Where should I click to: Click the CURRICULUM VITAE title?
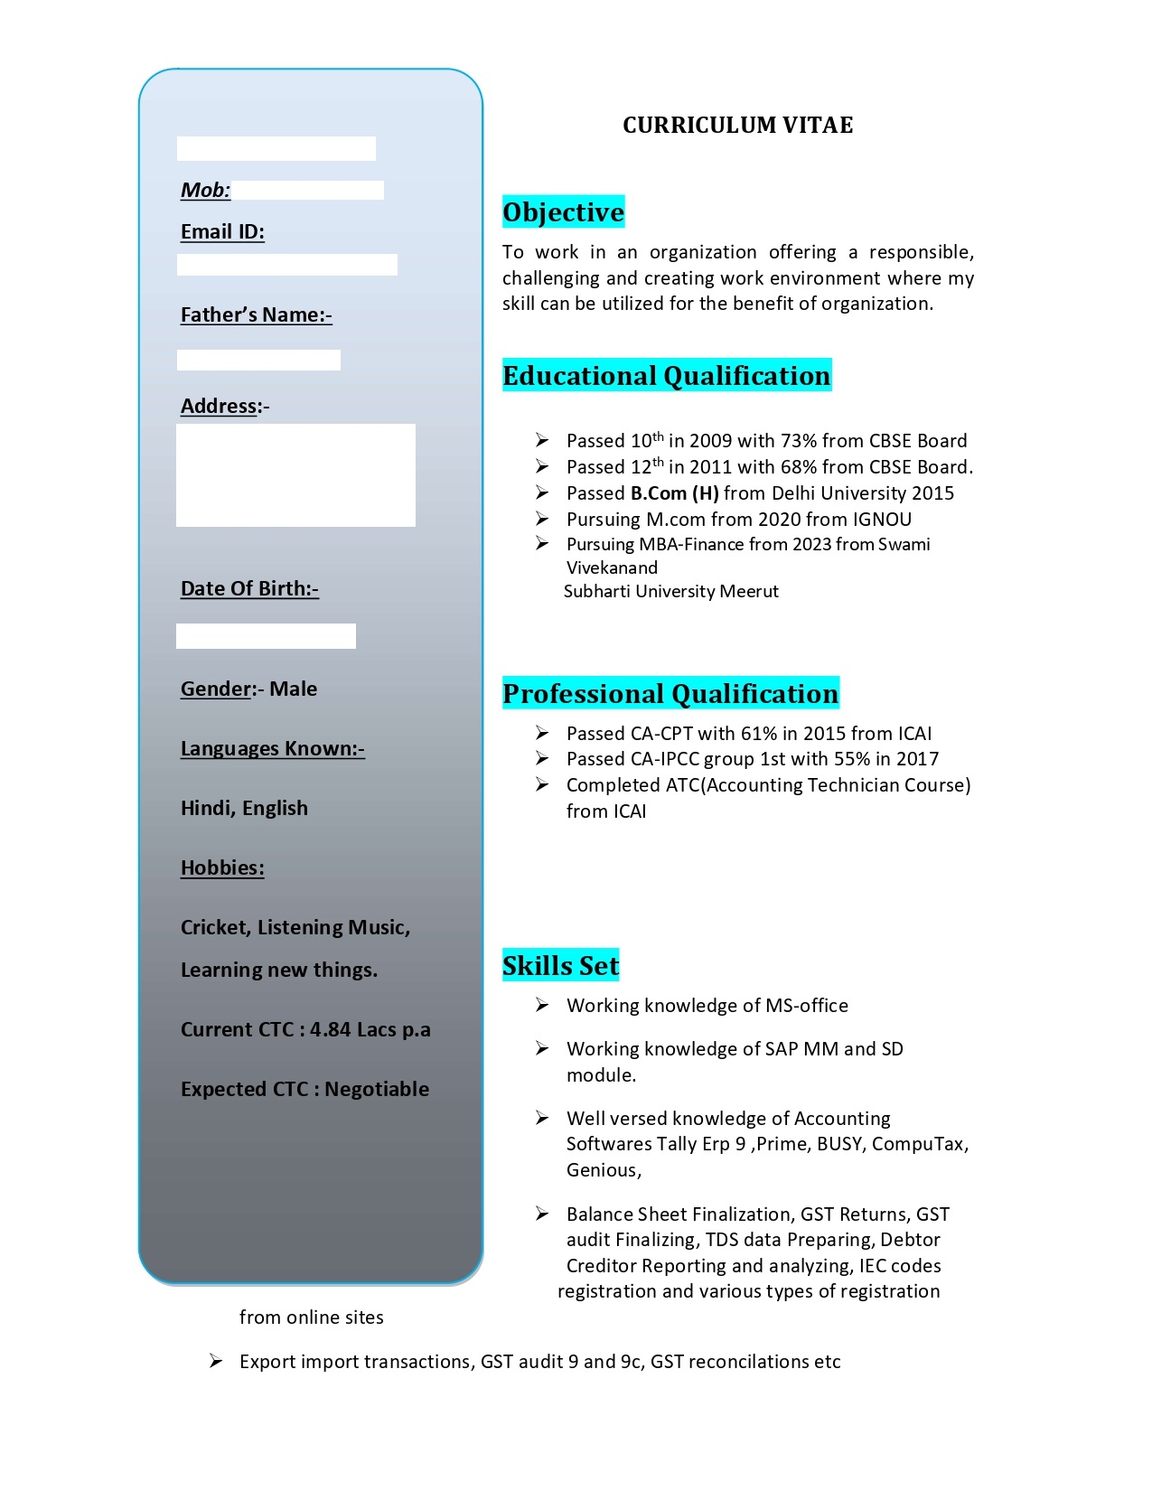[737, 125]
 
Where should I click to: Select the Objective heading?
[563, 212]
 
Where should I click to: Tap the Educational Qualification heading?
[666, 376]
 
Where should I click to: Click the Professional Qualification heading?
[670, 694]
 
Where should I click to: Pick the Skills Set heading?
[560, 966]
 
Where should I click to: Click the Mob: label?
[205, 190]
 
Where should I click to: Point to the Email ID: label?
[222, 232]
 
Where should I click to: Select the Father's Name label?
[256, 315]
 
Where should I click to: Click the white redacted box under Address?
[295, 475]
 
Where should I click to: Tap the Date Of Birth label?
[249, 589]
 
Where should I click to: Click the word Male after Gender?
[294, 689]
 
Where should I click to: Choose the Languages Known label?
[272, 749]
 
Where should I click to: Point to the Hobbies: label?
[222, 868]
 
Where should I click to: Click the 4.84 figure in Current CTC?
[330, 1030]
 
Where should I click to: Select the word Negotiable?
[377, 1090]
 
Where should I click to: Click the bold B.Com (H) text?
[674, 493]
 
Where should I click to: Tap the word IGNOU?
[882, 520]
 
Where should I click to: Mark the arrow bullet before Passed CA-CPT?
[542, 733]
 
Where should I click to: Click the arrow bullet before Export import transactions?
[216, 1361]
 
